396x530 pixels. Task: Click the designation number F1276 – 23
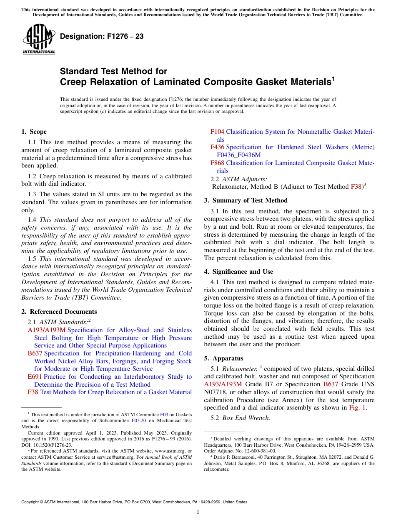[102, 37]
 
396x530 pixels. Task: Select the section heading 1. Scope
[34, 132]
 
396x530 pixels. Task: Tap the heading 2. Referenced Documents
[59, 312]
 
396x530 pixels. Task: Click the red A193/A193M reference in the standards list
[47, 330]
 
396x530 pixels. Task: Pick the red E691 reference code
[34, 377]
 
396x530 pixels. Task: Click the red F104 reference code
[217, 132]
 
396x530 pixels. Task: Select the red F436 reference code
[217, 147]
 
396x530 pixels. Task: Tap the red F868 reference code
[217, 163]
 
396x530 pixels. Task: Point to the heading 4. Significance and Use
[238, 272]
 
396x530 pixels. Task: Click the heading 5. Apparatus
[224, 358]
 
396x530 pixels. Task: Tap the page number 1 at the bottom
[198, 512]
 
